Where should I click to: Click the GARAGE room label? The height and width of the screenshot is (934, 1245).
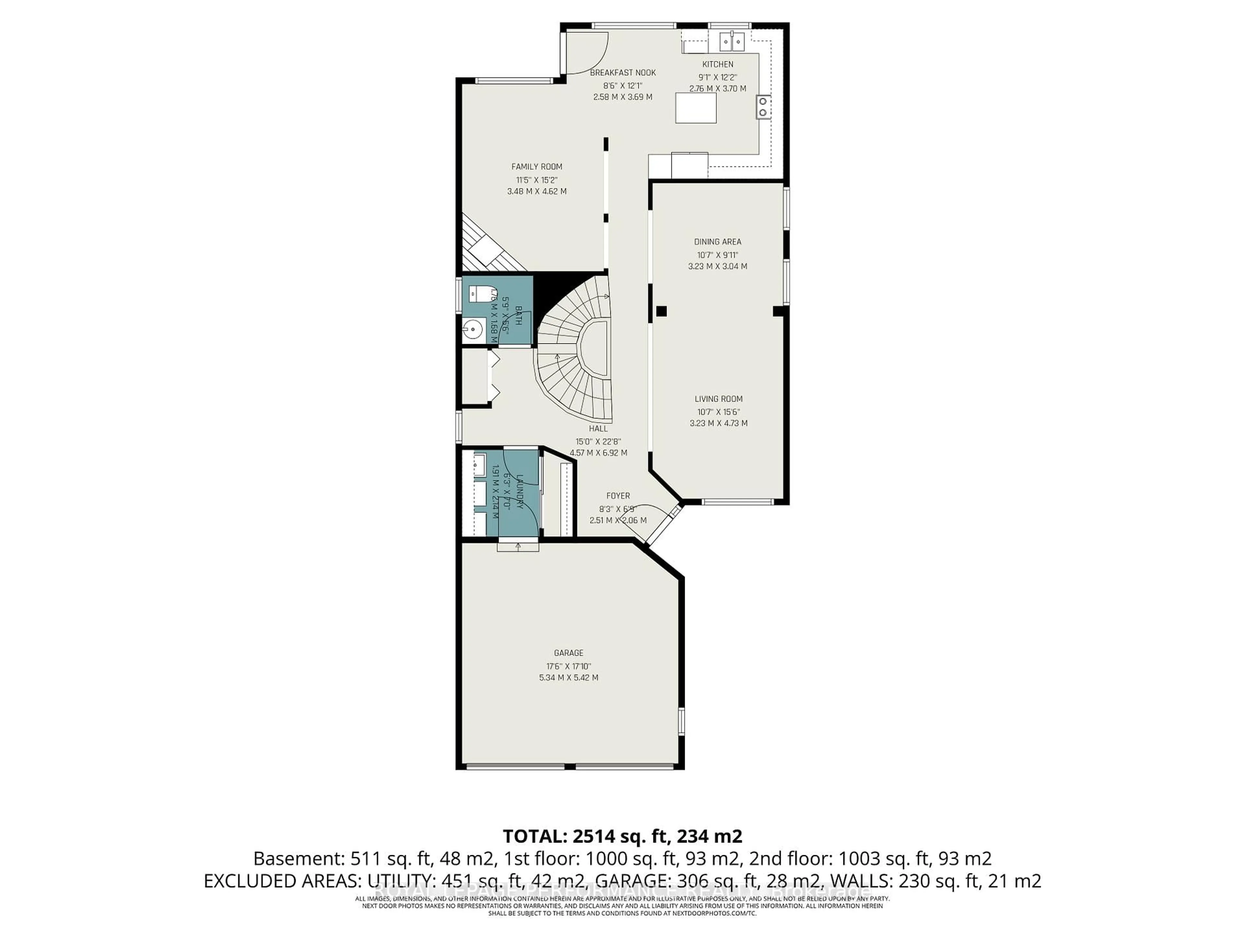[568, 653]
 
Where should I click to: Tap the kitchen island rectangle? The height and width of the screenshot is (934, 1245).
[696, 108]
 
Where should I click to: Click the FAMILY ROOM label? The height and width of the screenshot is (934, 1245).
[536, 167]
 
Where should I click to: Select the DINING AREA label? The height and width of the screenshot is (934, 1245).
[717, 242]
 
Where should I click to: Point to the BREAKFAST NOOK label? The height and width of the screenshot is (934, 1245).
[622, 73]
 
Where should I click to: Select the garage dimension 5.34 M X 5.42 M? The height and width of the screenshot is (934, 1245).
[568, 678]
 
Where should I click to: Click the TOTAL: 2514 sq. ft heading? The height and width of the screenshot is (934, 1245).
[622, 836]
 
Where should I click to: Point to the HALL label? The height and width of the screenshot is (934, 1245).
[598, 428]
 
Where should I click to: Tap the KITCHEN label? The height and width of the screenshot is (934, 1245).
[717, 64]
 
